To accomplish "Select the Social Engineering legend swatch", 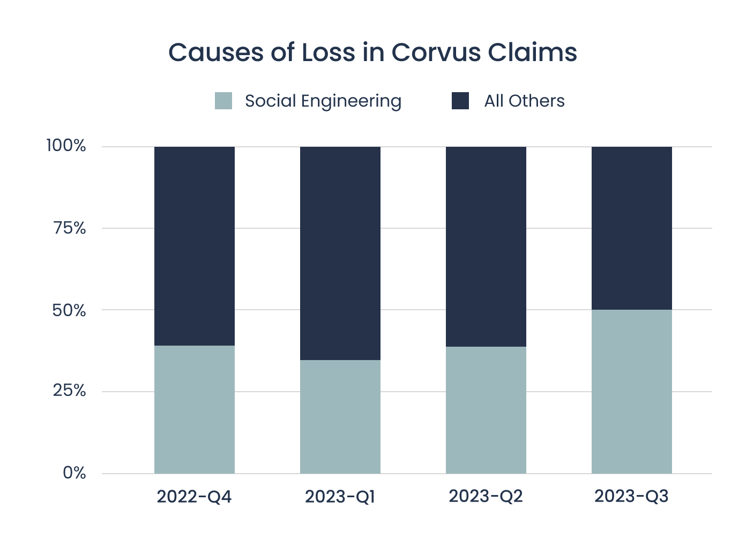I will coord(223,101).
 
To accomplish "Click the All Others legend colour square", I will coord(460,101).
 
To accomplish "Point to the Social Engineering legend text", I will coord(323,101).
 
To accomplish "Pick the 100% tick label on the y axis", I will coord(66,146).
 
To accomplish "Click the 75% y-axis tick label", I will coord(70,228).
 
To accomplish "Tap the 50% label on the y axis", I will coord(69,310).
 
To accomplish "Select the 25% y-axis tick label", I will coord(69,391).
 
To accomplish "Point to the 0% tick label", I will coord(74,473).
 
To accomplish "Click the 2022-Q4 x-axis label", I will coord(194,497).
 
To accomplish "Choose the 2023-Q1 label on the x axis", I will coord(340,497).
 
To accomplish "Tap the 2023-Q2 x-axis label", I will coord(486,497).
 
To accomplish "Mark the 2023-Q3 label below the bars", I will coord(631,497).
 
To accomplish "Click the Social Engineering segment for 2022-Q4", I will coord(195,409).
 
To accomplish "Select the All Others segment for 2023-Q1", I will coord(340,253).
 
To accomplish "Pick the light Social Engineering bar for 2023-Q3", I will coord(632,391).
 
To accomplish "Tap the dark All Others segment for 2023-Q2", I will coord(486,246).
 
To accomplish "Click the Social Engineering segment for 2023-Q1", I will coord(340,416).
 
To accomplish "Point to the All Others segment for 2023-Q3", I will coord(632,228).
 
